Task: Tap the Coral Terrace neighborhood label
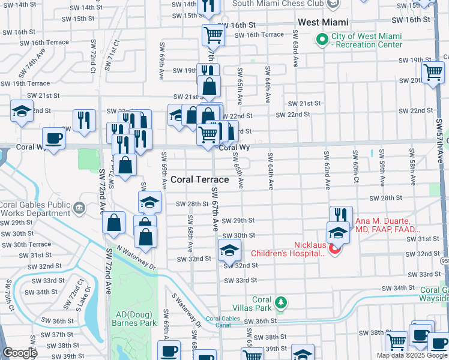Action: click(199, 179)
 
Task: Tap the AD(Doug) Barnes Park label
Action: click(133, 319)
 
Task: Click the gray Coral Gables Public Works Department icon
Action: click(79, 208)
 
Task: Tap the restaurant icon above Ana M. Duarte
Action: click(340, 214)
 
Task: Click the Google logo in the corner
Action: click(20, 353)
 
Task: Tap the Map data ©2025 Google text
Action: click(411, 355)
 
